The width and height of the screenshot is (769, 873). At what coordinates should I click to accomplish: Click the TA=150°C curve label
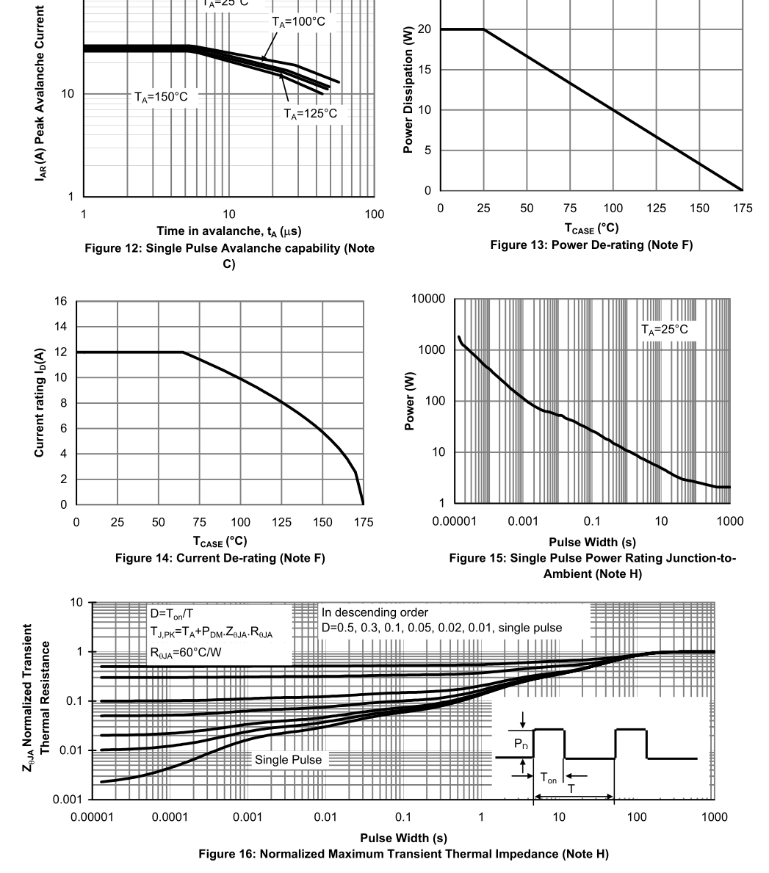[x=166, y=96]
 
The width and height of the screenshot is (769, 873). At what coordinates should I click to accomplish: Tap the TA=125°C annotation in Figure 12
[x=311, y=113]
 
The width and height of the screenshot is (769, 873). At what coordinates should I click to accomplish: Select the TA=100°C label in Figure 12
[x=298, y=22]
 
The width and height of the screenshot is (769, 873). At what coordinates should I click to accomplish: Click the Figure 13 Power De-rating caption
[x=591, y=245]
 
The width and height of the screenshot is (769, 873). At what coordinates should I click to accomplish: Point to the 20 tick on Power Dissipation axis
[x=424, y=29]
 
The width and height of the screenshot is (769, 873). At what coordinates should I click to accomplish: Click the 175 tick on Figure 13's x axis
[x=742, y=209]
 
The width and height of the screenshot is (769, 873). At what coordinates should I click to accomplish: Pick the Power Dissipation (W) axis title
[x=408, y=95]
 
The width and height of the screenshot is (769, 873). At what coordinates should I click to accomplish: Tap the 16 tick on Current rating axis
[x=60, y=302]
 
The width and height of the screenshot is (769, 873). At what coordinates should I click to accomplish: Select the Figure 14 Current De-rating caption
[x=220, y=559]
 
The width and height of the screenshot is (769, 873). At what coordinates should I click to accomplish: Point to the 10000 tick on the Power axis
[x=429, y=299]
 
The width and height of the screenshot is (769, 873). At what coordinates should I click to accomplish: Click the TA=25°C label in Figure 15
[x=664, y=330]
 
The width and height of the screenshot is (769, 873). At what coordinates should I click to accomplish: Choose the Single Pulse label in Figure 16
[x=288, y=760]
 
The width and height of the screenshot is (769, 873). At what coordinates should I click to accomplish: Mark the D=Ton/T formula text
[x=170, y=613]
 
